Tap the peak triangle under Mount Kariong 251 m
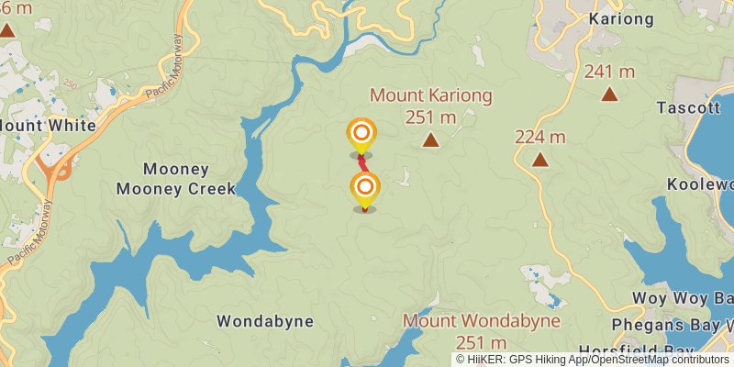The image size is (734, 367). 430,139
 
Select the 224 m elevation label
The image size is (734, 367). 540,138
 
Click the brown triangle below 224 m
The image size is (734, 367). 541,160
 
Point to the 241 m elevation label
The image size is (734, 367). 609,72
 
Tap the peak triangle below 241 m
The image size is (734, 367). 609,94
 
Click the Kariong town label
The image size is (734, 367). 622,18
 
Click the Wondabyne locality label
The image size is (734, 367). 265,321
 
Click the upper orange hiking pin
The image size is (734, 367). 361,134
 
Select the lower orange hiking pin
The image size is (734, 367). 365,190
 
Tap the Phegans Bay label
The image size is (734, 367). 674,324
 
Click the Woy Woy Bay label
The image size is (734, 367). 684,299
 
